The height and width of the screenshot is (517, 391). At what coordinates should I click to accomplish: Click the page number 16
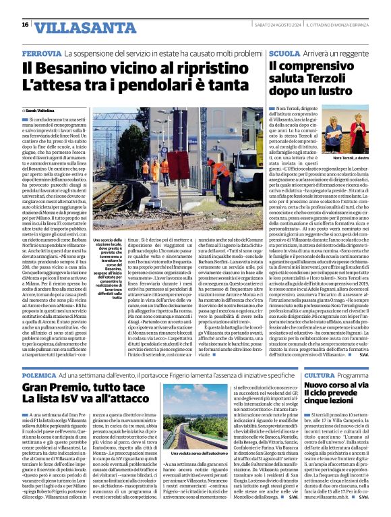tap(25, 25)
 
